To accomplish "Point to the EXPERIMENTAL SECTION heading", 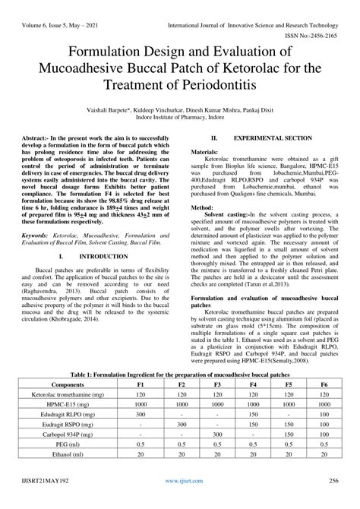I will tap(273, 139).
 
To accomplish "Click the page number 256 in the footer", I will tap(333, 502).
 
